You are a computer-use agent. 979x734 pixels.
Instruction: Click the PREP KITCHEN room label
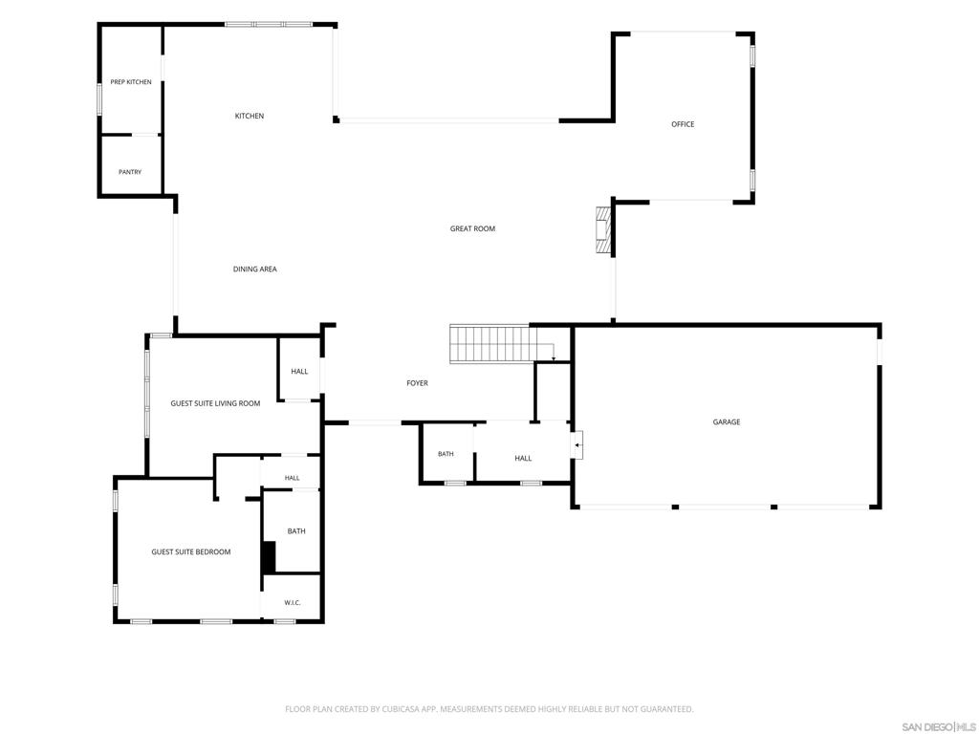coord(130,82)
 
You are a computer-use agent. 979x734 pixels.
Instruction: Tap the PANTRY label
coord(130,172)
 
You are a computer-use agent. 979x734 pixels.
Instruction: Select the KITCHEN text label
coord(250,116)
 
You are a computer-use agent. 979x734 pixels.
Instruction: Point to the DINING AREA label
coord(254,269)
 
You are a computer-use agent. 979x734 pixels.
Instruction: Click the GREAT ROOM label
coord(472,228)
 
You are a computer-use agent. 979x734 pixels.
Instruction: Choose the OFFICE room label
coord(683,124)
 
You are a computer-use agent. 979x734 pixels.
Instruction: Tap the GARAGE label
coord(727,421)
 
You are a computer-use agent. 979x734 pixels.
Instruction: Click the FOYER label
coord(417,383)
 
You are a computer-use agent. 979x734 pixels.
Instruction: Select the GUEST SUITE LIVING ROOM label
coord(215,403)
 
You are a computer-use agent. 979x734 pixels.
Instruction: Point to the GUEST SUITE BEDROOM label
coord(191,551)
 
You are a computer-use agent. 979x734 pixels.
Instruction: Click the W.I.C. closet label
coord(293,602)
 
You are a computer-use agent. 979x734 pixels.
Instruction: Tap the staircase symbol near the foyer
coord(493,344)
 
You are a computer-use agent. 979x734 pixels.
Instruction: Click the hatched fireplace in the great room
coord(603,230)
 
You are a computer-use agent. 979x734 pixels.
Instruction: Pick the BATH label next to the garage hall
coord(446,454)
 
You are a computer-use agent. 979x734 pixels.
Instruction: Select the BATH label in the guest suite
coord(296,531)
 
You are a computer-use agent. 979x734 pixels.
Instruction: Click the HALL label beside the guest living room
coord(299,372)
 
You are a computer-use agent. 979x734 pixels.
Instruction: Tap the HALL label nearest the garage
coord(523,458)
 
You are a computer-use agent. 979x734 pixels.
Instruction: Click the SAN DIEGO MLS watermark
coord(938,726)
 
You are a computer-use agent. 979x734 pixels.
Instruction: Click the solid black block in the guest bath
coord(269,557)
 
